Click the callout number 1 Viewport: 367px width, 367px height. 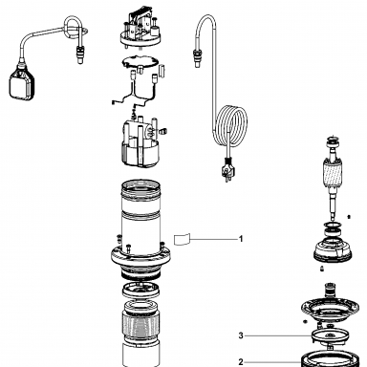click(241, 239)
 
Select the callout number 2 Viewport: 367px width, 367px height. click(241, 362)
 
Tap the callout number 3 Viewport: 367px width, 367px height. click(241, 335)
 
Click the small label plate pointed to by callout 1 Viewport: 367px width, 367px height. click(182, 239)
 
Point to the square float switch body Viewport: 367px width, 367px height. click(22, 84)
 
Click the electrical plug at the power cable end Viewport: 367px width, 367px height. click(227, 169)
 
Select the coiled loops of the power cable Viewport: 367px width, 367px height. click(231, 126)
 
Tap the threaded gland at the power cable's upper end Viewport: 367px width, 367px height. click(197, 56)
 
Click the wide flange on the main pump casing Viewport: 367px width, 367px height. click(140, 256)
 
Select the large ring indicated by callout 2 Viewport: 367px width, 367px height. click(332, 359)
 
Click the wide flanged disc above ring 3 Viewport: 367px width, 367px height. click(332, 309)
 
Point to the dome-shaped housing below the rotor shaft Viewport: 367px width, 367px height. click(333, 250)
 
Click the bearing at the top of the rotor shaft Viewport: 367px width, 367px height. click(334, 140)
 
